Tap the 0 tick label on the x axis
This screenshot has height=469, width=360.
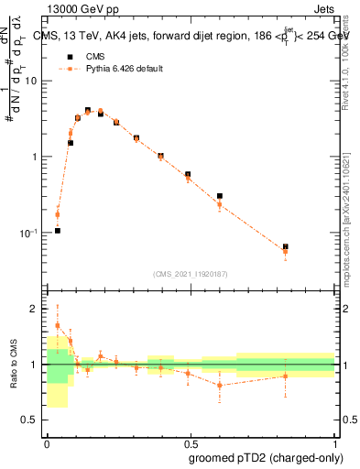[x=46, y=442]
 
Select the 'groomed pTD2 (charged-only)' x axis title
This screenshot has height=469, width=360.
[x=267, y=457]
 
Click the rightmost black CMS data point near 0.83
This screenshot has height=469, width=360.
[x=286, y=247]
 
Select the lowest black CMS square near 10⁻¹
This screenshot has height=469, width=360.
[x=58, y=231]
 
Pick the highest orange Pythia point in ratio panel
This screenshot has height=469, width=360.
[x=58, y=325]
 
